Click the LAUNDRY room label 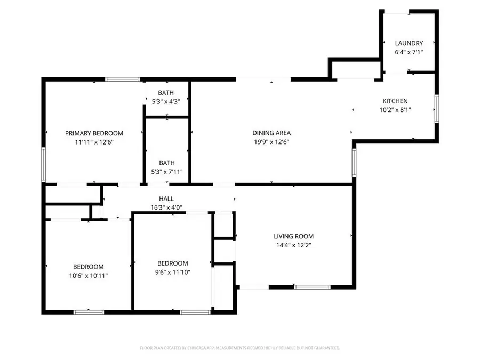[x=409, y=43]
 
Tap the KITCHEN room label [x=395, y=101]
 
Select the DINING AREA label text [x=271, y=133]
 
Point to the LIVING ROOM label [x=293, y=236]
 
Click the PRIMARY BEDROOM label [x=94, y=133]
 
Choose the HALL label [x=166, y=198]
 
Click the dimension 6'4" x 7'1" [x=409, y=52]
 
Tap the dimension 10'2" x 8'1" [x=395, y=110]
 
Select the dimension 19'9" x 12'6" [x=271, y=142]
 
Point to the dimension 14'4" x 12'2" [x=293, y=245]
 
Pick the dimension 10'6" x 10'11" [x=88, y=276]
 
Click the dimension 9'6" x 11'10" [x=172, y=272]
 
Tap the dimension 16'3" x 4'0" [x=166, y=207]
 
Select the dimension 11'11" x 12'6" [x=94, y=142]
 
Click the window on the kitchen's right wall [x=437, y=109]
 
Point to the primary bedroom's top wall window [x=123, y=79]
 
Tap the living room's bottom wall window [x=308, y=287]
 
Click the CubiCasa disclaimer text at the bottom [x=240, y=348]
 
